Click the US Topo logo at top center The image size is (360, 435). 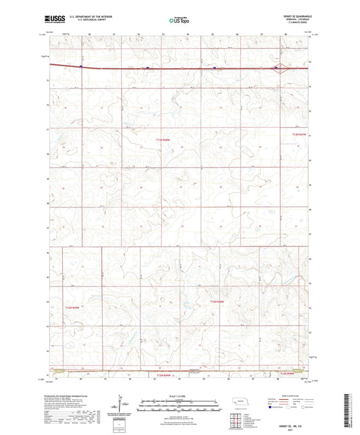(178, 21)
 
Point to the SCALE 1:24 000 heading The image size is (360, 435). (178, 395)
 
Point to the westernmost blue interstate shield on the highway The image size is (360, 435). (81, 67)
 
